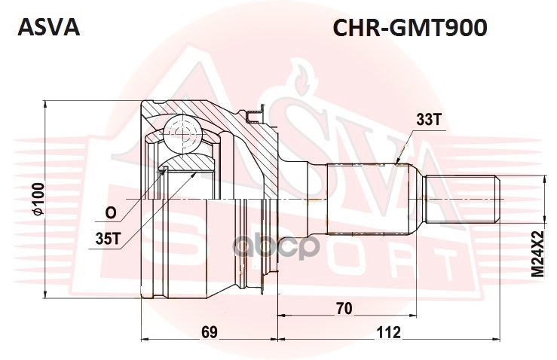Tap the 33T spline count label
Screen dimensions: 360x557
coord(427,119)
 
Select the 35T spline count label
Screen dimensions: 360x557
coord(109,239)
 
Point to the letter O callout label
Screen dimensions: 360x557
coord(110,214)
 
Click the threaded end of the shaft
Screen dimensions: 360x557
coord(463,198)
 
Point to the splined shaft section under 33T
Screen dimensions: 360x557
coord(370,198)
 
